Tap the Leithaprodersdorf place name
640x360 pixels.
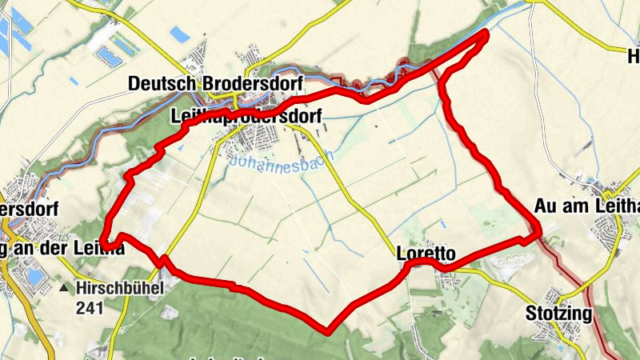click(x=246, y=117)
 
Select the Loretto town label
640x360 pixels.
click(x=426, y=254)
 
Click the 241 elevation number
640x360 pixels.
click(x=90, y=307)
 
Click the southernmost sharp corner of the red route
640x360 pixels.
click(x=327, y=330)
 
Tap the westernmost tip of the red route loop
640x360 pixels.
click(x=103, y=235)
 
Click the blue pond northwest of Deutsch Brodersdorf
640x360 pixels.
click(x=106, y=54)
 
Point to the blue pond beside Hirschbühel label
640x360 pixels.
click(x=34, y=277)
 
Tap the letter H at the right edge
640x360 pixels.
click(x=634, y=57)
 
